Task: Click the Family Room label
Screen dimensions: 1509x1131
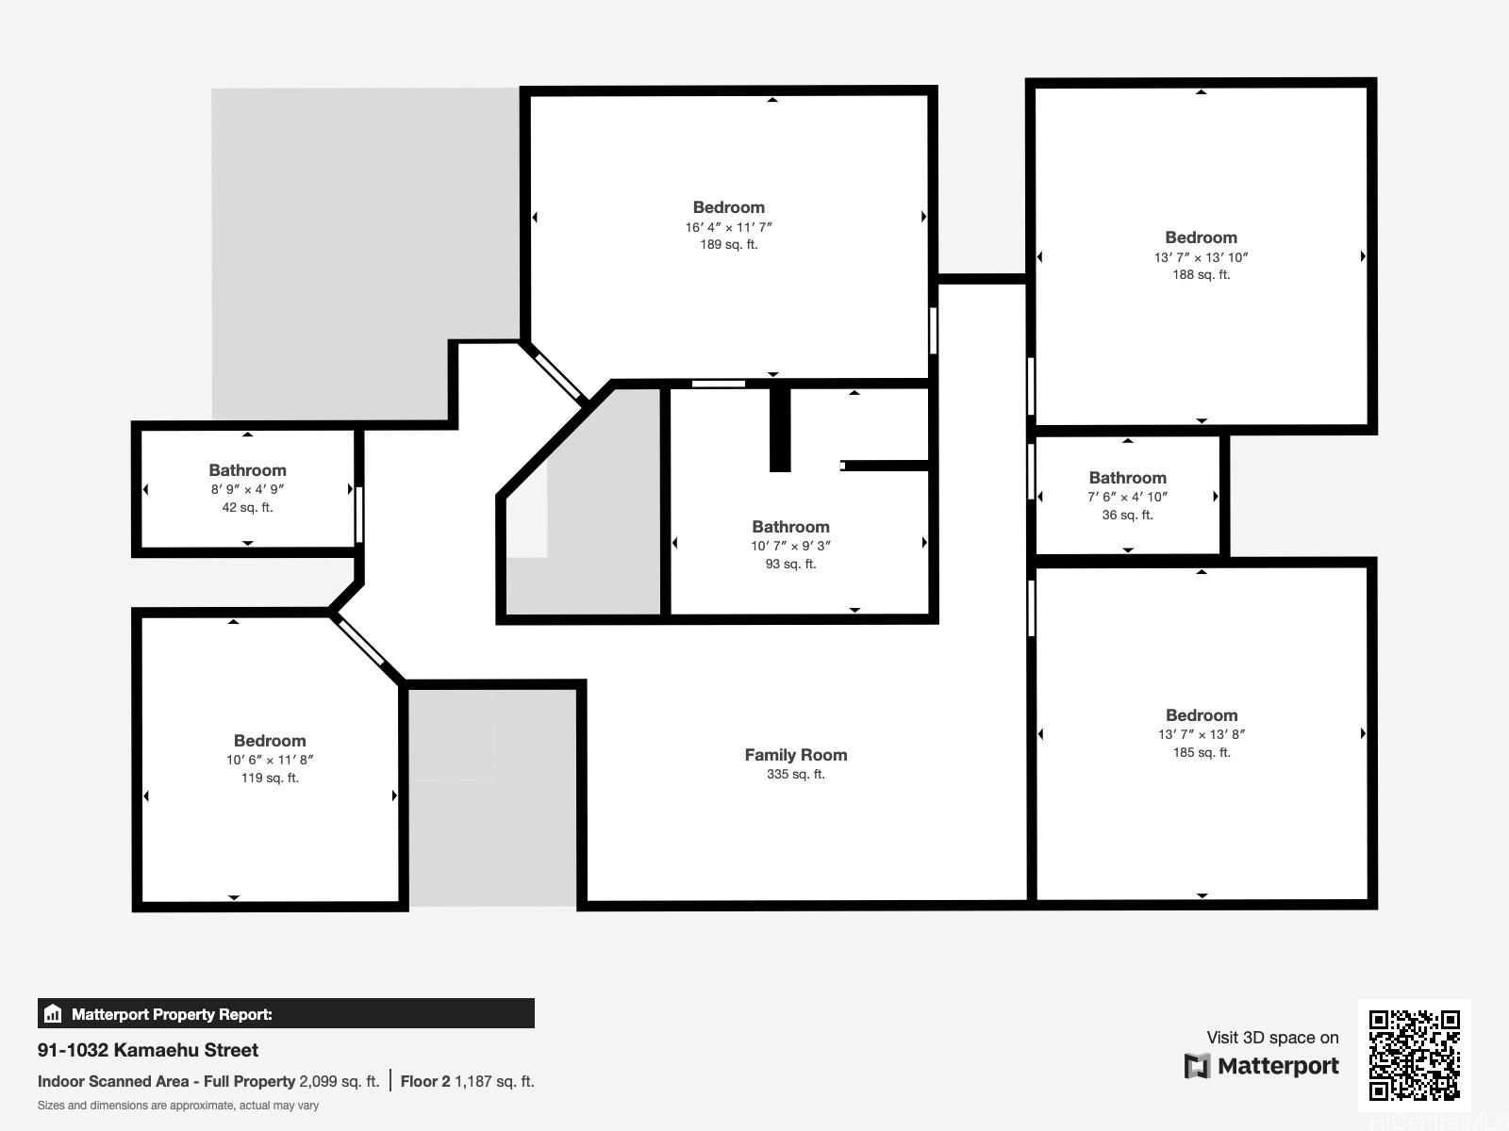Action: (x=795, y=755)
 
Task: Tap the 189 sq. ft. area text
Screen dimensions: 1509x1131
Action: (x=729, y=244)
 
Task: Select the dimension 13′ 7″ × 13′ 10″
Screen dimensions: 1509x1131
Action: (x=1201, y=257)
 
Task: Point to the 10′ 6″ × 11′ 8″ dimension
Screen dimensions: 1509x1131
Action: (x=270, y=761)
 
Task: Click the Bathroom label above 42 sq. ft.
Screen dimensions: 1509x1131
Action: (x=247, y=470)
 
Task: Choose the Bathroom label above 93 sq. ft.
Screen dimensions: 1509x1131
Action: (x=790, y=527)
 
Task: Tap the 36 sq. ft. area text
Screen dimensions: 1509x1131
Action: (x=1127, y=515)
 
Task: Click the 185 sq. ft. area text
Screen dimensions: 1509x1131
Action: (x=1201, y=753)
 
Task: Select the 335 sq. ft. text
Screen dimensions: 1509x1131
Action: (x=795, y=775)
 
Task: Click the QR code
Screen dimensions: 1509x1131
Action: (x=1414, y=1055)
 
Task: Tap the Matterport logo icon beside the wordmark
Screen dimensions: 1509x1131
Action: (x=1197, y=1066)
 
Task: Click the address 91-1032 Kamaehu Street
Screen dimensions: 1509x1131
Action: (x=148, y=1050)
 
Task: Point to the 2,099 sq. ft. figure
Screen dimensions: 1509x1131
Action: (x=339, y=1082)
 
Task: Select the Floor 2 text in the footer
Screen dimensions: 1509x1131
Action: (x=424, y=1082)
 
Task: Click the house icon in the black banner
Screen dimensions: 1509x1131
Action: (x=53, y=1013)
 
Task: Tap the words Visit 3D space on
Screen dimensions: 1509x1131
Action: (x=1272, y=1038)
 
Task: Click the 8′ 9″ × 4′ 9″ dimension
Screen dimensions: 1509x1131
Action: (x=247, y=489)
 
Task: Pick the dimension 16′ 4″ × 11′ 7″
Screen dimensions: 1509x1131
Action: (x=729, y=227)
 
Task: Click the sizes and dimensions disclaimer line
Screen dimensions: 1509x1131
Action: (x=178, y=1106)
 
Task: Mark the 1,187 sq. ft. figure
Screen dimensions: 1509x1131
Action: (x=494, y=1082)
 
